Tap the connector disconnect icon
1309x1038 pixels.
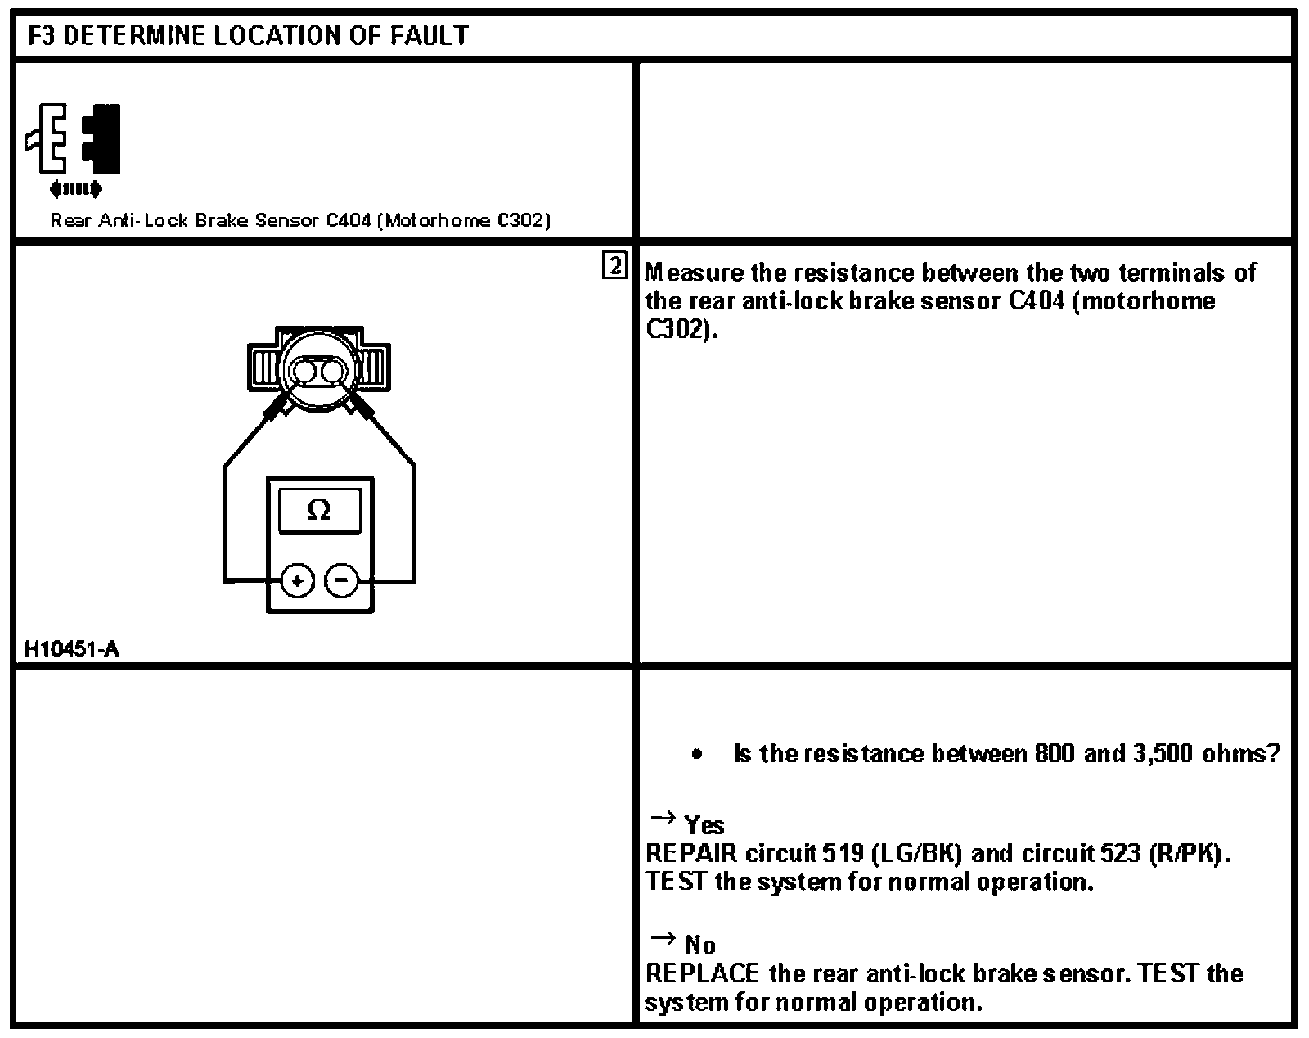(74, 147)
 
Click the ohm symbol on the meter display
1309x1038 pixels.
(319, 511)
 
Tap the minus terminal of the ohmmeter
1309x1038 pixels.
(342, 581)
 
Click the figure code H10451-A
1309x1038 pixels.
(72, 650)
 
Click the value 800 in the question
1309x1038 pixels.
(1055, 753)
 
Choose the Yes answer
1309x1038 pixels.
(704, 824)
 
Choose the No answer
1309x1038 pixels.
(700, 945)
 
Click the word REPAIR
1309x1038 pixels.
(691, 854)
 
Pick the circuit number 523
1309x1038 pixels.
(1120, 854)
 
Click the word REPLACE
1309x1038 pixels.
(702, 974)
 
